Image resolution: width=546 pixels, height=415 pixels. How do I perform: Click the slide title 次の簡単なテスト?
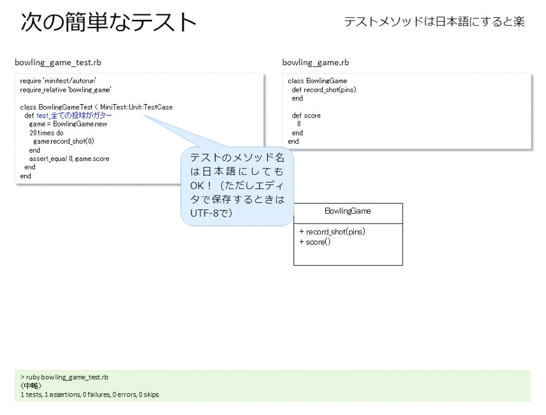tap(108, 22)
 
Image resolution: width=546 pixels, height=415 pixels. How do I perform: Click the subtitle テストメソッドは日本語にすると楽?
tap(434, 22)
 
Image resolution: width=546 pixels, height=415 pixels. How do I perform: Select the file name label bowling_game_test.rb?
tap(58, 63)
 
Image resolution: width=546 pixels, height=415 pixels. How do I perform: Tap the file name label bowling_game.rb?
tap(316, 63)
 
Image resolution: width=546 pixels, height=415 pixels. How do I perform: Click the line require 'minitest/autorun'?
tap(58, 81)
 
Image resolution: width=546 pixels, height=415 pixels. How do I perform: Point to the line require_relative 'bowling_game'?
tap(66, 90)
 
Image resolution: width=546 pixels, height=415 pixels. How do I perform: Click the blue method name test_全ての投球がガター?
tap(74, 116)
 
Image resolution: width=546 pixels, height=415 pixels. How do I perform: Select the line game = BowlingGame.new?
tap(68, 124)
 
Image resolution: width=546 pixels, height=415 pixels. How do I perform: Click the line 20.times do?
tap(47, 133)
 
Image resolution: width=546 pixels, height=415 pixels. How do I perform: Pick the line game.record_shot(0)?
tap(64, 141)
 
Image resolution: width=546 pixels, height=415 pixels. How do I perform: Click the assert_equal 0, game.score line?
tap(69, 158)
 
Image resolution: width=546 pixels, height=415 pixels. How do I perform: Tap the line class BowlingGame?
tap(317, 81)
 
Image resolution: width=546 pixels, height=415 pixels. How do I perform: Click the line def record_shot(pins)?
tap(324, 89)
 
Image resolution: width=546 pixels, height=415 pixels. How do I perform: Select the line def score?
tap(306, 116)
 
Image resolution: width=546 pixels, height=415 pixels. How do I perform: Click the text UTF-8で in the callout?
tap(211, 213)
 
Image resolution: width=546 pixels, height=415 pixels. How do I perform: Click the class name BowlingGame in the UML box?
tap(348, 211)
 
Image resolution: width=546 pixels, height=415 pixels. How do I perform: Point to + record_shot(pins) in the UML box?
tap(332, 232)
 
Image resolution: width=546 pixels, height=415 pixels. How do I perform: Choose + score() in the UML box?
tap(315, 242)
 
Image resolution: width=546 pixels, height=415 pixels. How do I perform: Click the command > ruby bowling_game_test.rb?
tap(64, 377)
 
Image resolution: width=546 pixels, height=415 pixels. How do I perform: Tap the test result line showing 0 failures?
tap(89, 395)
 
